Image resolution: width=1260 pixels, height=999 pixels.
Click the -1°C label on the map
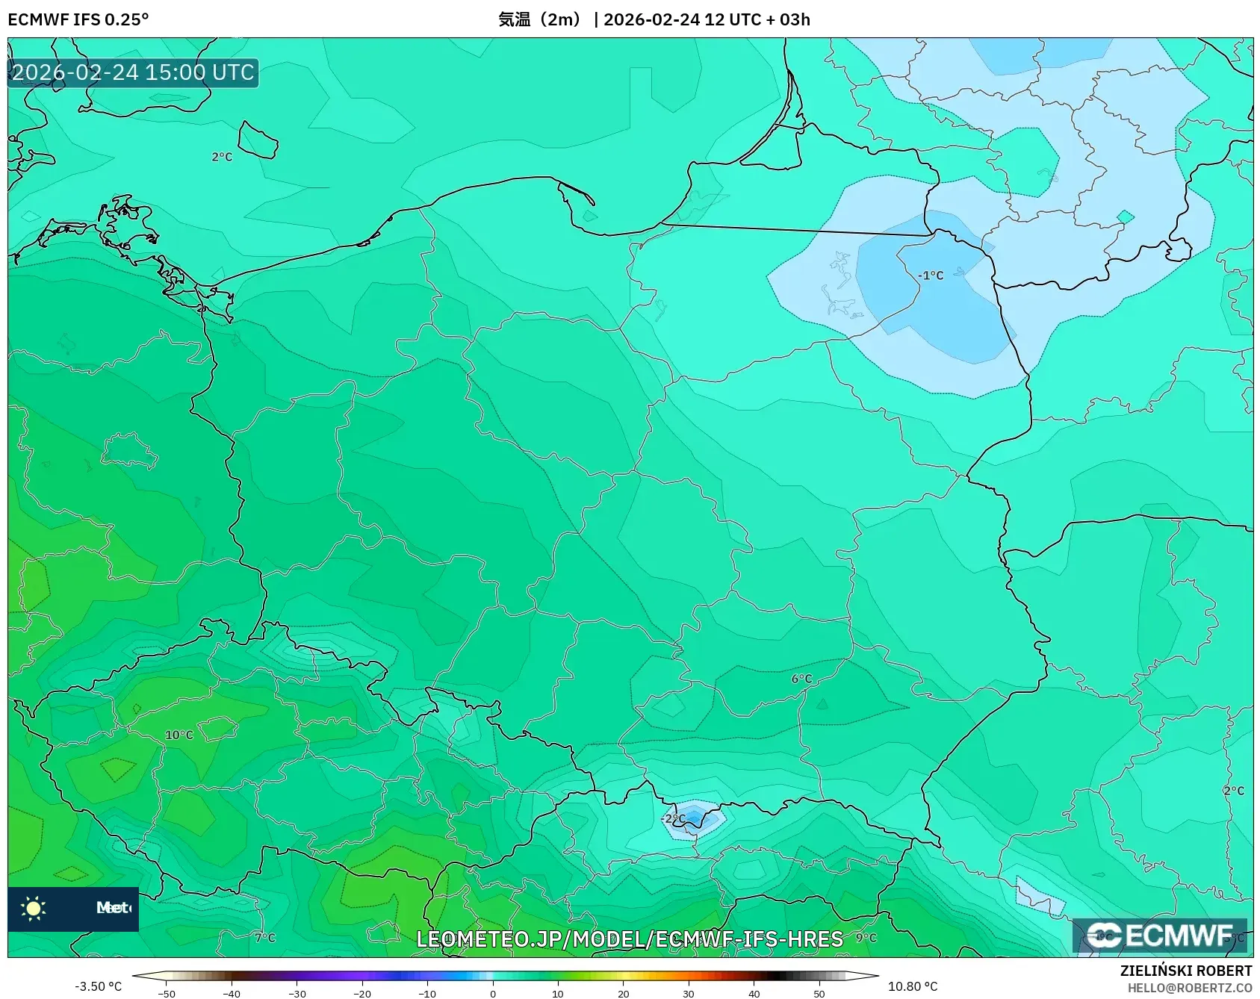point(931,276)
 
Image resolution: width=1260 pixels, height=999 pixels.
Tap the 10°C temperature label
point(179,735)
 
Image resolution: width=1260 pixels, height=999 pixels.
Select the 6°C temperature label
point(801,679)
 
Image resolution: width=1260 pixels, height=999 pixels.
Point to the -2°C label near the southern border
point(673,819)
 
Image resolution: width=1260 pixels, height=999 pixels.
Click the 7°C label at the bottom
point(265,938)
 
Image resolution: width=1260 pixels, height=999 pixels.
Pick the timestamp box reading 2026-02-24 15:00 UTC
point(133,73)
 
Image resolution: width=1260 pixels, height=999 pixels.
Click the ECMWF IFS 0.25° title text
point(78,19)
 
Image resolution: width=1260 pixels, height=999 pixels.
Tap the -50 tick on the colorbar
point(167,994)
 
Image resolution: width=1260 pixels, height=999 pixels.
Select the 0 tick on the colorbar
point(493,994)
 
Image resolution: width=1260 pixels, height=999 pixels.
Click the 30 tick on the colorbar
point(689,994)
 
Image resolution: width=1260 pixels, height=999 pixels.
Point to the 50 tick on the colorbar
point(819,994)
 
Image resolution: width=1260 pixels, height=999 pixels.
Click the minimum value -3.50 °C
point(98,986)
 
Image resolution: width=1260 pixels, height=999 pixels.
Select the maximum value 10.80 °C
point(913,986)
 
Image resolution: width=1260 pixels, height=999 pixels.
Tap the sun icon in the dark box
point(34,908)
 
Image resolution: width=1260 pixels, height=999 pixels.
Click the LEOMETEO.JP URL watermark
point(630,939)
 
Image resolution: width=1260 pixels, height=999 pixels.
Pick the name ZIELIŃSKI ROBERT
point(1185,971)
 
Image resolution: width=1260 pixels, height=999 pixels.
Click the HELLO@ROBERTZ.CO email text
point(1189,989)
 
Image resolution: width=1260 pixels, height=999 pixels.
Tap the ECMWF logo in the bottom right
point(1159,936)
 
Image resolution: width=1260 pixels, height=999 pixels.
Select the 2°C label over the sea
point(222,158)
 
